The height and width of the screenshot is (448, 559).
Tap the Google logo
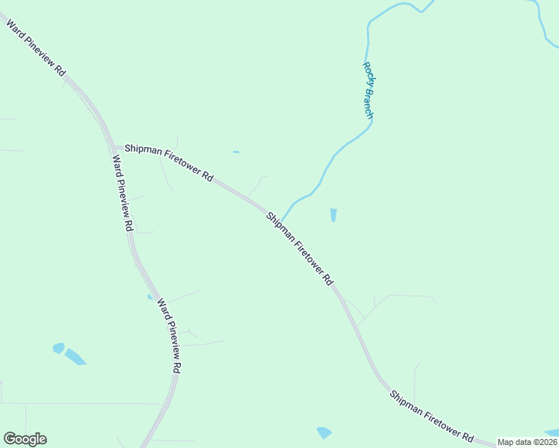(x=25, y=439)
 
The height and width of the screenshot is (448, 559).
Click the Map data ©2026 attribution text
(x=527, y=442)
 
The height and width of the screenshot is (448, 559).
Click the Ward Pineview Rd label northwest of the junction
(x=36, y=48)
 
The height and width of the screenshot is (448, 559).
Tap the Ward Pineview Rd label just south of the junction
(x=123, y=192)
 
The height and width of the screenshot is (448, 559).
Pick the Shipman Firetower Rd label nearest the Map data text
(x=431, y=415)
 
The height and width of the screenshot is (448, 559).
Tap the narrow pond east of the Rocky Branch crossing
(x=333, y=215)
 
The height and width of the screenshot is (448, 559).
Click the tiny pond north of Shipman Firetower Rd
(x=235, y=152)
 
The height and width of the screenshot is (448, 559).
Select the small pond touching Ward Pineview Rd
(x=150, y=296)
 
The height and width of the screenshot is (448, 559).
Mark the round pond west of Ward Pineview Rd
(x=58, y=348)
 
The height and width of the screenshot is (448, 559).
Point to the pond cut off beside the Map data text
(x=552, y=432)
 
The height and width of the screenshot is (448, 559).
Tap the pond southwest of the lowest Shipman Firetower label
(x=324, y=432)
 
